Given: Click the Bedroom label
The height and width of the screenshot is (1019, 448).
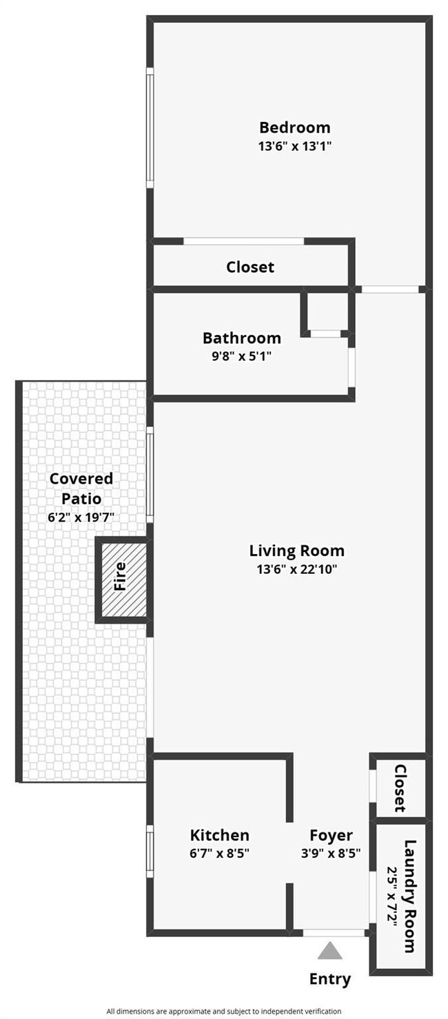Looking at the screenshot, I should (294, 127).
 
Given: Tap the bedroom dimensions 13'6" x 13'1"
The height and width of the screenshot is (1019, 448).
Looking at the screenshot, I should (294, 146).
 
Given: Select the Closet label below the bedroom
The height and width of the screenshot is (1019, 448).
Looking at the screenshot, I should (250, 267).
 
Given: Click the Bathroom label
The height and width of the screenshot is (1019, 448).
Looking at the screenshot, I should (241, 338).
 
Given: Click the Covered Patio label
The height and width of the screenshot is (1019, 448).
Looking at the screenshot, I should (81, 488).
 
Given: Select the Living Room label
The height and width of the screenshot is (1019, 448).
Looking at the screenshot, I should (296, 551).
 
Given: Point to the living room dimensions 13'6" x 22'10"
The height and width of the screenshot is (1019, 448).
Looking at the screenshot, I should (296, 569).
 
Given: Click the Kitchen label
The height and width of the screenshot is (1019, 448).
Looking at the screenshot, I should (219, 835).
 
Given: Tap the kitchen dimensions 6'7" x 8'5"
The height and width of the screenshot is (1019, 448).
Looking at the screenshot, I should (219, 853).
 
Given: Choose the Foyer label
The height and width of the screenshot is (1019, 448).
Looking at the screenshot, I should (331, 836).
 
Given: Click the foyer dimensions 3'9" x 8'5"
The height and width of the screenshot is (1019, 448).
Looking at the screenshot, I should (331, 853).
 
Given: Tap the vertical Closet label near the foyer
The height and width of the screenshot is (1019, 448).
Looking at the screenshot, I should (400, 788).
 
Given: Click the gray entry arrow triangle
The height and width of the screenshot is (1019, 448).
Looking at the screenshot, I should (330, 951).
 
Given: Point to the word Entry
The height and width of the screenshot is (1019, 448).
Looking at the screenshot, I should (330, 978).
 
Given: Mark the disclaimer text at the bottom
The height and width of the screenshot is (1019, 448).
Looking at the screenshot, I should (223, 1011).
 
